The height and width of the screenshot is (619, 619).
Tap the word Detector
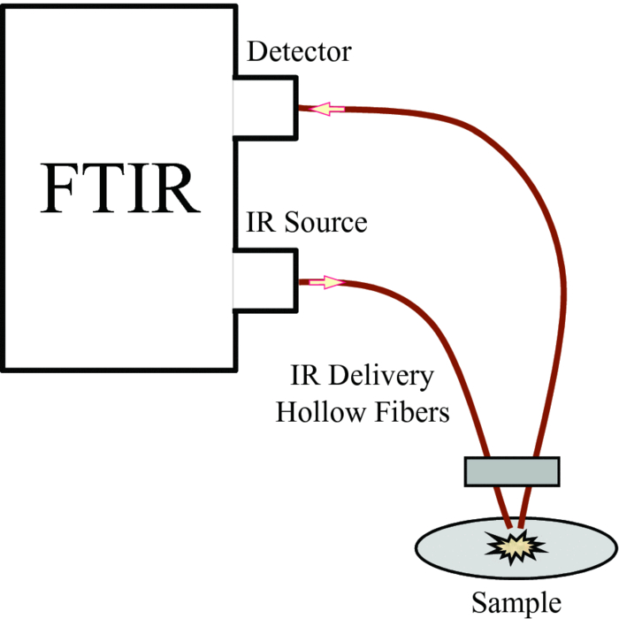(299, 52)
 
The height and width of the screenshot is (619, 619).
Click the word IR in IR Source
(256, 222)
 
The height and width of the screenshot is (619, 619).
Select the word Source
(325, 222)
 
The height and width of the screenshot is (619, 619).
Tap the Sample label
(516, 603)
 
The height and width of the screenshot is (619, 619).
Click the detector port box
(265, 108)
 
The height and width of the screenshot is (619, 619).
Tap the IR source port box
(265, 280)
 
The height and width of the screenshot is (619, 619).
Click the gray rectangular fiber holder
(512, 470)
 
